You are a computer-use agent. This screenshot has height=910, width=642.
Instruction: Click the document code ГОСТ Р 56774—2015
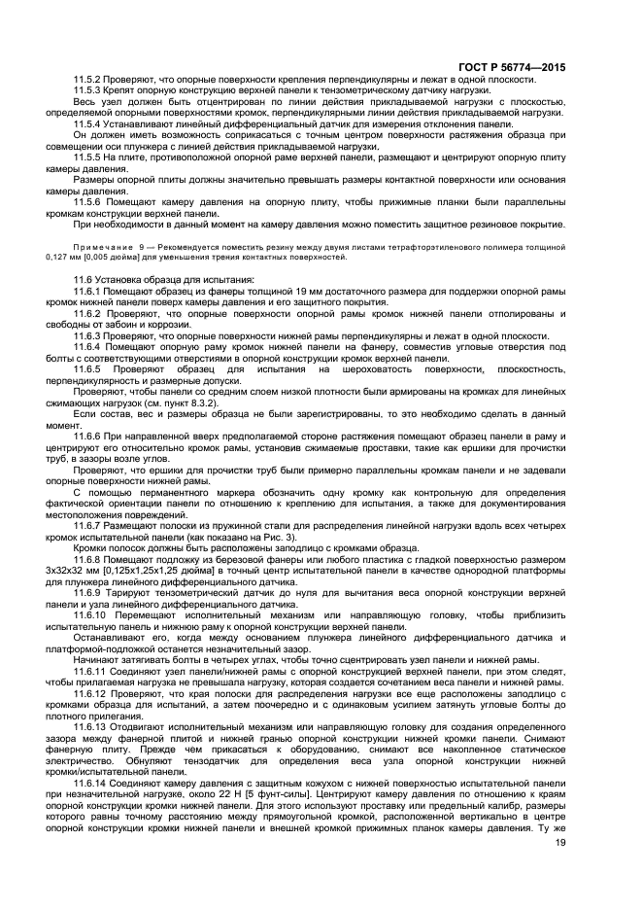pos(515,67)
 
